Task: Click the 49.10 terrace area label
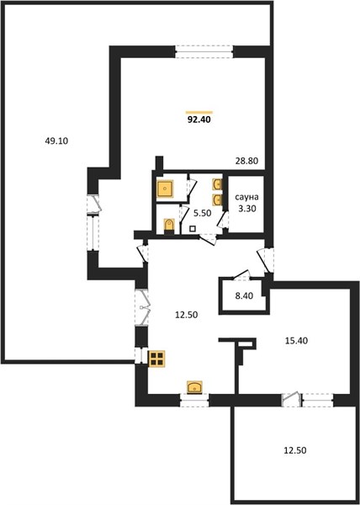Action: tap(56, 141)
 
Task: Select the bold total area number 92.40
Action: tap(199, 120)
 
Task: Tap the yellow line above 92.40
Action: tap(199, 112)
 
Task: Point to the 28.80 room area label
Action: tap(246, 161)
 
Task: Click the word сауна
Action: tap(246, 197)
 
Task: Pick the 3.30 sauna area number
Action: tap(247, 209)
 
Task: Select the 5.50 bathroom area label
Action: tap(202, 213)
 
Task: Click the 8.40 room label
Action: tap(244, 295)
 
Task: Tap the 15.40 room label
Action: tap(296, 340)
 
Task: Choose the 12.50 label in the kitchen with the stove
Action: tap(186, 315)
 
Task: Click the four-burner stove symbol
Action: tap(156, 359)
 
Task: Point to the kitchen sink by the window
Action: tap(194, 387)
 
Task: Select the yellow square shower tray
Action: tap(166, 189)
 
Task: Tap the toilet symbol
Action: tap(169, 225)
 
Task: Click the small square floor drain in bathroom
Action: tap(193, 229)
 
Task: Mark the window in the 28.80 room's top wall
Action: tap(204, 51)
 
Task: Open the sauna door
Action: tap(223, 220)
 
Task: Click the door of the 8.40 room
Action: tap(241, 274)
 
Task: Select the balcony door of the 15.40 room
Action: tap(292, 399)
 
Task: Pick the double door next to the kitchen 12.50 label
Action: tap(142, 307)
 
